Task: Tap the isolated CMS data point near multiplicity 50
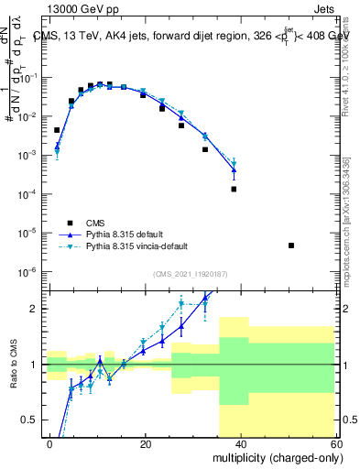pos(291,245)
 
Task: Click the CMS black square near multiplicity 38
pos(234,189)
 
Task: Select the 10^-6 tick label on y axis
pos(35,272)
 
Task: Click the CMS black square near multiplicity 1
pos(57,130)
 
